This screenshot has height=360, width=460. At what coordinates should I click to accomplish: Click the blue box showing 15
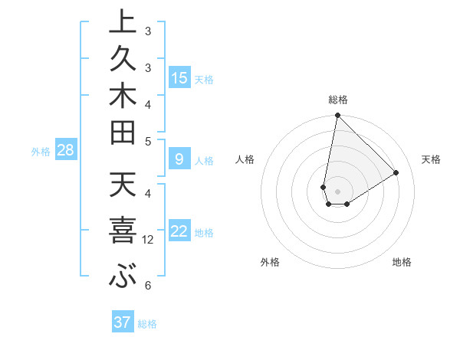click(179, 77)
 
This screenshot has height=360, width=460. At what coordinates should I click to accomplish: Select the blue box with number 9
click(179, 160)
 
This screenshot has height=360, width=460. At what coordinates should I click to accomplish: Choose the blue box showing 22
click(179, 232)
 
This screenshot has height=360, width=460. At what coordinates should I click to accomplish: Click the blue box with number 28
click(65, 150)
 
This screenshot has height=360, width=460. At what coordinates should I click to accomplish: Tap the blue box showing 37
click(123, 322)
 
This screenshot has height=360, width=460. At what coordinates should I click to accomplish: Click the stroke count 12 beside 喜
click(148, 240)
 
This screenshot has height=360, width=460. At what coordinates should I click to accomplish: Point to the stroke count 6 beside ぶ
click(148, 286)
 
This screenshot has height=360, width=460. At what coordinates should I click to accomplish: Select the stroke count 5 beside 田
click(148, 141)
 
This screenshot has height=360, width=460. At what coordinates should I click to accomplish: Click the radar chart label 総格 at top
click(337, 100)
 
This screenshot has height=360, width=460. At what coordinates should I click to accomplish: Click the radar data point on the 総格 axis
click(337, 116)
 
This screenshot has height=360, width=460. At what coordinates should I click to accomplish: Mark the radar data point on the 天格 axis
click(396, 173)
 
